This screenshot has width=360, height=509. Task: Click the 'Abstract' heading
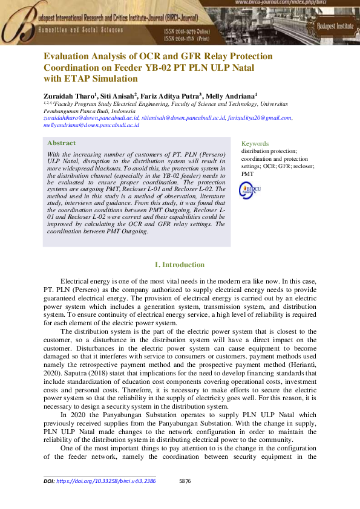61,143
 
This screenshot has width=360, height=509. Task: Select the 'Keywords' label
255,143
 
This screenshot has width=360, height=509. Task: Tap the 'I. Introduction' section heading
180,265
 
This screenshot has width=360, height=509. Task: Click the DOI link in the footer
106,481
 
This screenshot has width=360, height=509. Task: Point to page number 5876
185,481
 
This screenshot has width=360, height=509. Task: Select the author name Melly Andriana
230,96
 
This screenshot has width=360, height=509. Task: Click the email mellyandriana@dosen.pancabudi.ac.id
91,125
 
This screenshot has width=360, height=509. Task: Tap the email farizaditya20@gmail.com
260,118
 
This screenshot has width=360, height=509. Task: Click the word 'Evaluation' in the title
65,56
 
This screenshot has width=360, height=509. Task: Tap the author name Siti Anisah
118,96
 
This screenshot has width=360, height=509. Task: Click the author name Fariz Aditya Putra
172,96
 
